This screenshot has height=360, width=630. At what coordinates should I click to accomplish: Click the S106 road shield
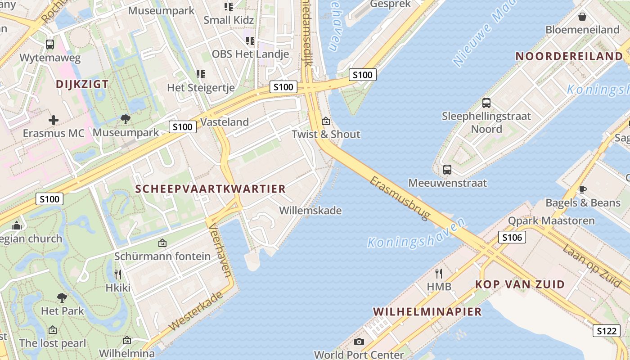[x=512, y=237]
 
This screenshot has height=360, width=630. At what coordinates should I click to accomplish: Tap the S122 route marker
[x=606, y=331]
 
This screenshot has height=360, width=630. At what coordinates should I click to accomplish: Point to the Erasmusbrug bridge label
[x=400, y=198]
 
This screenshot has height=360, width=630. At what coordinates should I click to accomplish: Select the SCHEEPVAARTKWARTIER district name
[x=211, y=189]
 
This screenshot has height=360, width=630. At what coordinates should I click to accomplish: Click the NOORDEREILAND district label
[x=569, y=56]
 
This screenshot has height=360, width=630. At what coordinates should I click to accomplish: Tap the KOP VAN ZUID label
[x=520, y=284]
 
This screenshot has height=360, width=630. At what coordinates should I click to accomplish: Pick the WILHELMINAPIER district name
[x=427, y=311]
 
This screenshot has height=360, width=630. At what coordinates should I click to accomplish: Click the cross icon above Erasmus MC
[x=54, y=120]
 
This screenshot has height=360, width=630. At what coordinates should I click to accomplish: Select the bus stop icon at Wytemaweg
[x=50, y=45]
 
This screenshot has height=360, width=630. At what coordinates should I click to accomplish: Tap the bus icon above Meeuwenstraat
[x=447, y=170]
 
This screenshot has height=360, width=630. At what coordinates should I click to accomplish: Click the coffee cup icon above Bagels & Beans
[x=582, y=189]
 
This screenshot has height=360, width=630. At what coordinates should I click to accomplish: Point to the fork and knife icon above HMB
[x=439, y=273]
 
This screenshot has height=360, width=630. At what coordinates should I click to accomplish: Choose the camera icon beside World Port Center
[x=359, y=342]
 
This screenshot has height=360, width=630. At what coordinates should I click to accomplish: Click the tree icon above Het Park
[x=62, y=297]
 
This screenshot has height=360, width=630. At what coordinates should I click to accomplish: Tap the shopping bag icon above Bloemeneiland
[x=582, y=17]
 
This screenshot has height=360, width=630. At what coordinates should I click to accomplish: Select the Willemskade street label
[x=310, y=211]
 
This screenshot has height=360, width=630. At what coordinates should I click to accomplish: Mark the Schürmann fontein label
[x=162, y=256]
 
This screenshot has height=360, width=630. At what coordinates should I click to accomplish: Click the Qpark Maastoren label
[x=551, y=221]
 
